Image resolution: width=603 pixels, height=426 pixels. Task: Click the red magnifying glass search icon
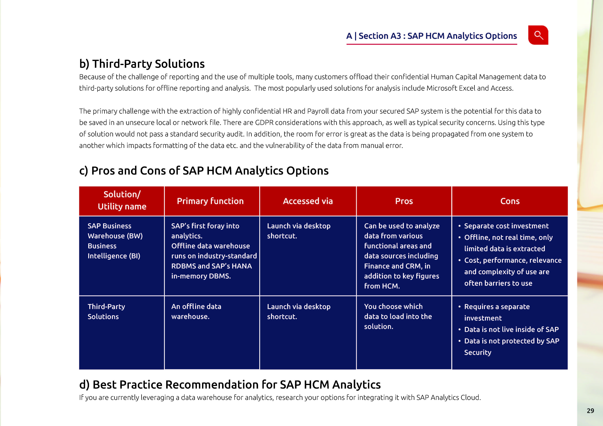(x=538, y=35)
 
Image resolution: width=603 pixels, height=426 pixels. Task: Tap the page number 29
(x=590, y=411)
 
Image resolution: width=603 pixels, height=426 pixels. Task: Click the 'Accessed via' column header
(x=308, y=201)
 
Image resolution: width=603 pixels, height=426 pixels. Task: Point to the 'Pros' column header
(x=404, y=201)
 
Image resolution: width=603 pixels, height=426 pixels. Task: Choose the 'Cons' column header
(x=510, y=201)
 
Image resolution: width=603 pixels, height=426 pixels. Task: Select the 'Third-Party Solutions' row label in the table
(x=106, y=312)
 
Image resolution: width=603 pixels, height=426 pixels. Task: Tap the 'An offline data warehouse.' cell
(x=196, y=312)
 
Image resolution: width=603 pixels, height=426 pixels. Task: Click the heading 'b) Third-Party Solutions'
(x=142, y=64)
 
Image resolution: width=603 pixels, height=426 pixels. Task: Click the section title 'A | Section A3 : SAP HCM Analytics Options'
(x=432, y=36)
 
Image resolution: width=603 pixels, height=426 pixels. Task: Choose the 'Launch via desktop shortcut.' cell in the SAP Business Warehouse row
(x=299, y=231)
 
